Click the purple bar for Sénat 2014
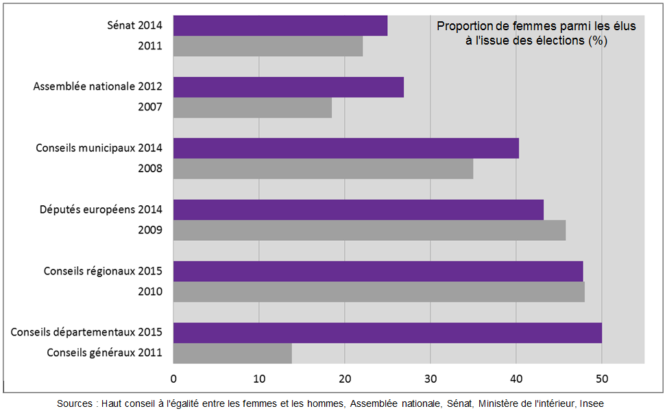point(280,26)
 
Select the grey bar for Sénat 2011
point(267,47)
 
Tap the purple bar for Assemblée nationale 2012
point(288,87)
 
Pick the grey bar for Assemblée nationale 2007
point(252,108)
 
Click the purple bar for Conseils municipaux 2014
point(345,148)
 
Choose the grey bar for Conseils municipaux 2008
point(323,169)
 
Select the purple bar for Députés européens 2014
point(358,210)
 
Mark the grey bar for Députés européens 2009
point(369,231)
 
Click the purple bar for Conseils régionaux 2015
point(378,271)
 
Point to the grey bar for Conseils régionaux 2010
point(378,292)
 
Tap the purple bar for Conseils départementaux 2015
point(387,333)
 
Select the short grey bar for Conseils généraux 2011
point(232,353)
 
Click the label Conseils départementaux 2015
point(86,332)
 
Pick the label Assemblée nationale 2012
point(98,87)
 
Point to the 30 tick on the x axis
point(430,378)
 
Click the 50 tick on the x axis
point(601,378)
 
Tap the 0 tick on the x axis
point(173,378)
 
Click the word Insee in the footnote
point(592,403)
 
